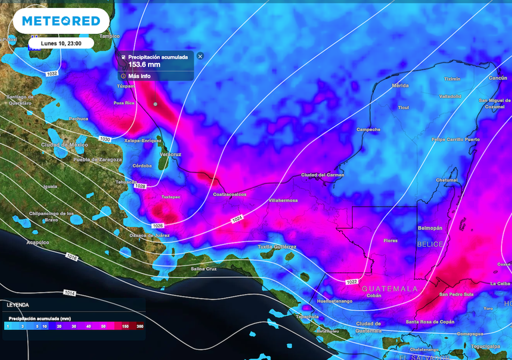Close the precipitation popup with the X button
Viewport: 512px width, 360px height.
(x=200, y=57)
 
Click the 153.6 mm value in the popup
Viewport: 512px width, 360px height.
(x=145, y=65)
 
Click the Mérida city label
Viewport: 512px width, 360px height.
(x=400, y=86)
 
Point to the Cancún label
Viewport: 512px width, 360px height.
(x=498, y=78)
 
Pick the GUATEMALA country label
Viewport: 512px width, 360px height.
(x=390, y=289)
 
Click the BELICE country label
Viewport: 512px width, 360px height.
(x=430, y=245)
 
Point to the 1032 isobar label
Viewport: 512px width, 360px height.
(x=52, y=73)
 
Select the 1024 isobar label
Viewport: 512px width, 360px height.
(x=237, y=219)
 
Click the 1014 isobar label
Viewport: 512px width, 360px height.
(x=69, y=293)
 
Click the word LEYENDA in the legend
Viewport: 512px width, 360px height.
(x=18, y=305)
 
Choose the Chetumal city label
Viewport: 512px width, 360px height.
(x=447, y=180)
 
